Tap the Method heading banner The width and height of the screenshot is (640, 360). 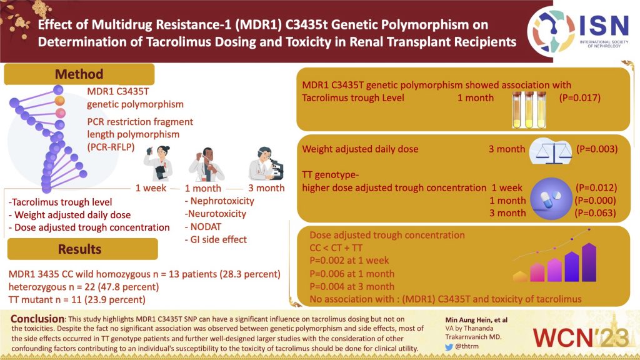point(79,74)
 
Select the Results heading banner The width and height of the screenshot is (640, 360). point(79,249)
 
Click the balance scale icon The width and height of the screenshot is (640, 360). point(550,151)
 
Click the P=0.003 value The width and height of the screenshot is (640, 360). point(599,149)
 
